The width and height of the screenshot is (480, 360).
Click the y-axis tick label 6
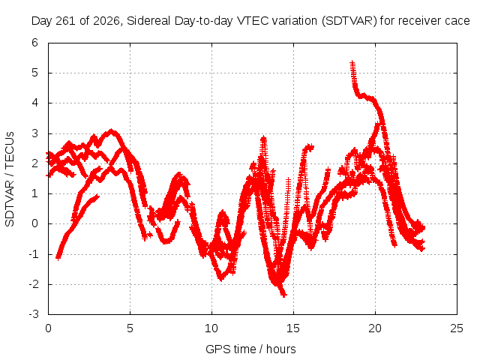tap(35, 43)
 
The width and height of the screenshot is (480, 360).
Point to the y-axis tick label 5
tap(35, 73)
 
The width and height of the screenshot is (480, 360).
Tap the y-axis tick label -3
tap(34, 314)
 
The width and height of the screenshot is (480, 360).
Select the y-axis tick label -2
tap(34, 284)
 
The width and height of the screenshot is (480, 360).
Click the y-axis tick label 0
tap(35, 223)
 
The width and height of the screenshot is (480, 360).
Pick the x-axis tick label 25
tap(457, 328)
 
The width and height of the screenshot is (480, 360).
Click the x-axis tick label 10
tap(211, 328)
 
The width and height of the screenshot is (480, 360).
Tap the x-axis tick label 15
tap(293, 328)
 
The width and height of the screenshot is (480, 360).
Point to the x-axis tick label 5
tap(130, 328)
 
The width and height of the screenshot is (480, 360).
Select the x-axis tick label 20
tap(375, 328)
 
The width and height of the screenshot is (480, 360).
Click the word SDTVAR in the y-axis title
tap(10, 203)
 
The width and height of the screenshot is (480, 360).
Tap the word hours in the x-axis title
tap(281, 349)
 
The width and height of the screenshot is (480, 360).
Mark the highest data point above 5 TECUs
tap(352, 63)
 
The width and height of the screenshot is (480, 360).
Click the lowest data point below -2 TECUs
tap(283, 295)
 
